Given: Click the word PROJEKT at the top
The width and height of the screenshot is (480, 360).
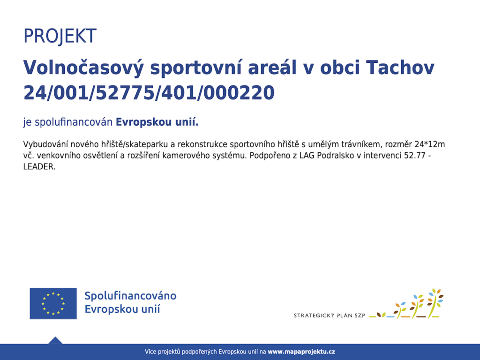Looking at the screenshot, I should [x=60, y=36].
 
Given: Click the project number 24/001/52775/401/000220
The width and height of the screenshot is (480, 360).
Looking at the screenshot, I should [x=149, y=93].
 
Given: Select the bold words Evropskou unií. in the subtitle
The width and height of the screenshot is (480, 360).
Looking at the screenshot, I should [x=157, y=122].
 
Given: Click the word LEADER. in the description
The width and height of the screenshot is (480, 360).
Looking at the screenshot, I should [x=39, y=166].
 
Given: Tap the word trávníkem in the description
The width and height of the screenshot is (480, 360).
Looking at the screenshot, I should [x=354, y=144].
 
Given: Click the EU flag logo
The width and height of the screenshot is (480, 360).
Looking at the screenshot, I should [x=53, y=303].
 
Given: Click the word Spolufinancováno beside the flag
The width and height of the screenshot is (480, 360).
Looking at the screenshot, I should [x=130, y=296].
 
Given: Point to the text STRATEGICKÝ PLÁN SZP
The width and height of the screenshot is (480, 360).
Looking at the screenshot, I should [x=330, y=315].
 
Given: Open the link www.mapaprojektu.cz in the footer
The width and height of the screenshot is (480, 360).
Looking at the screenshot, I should [x=301, y=352].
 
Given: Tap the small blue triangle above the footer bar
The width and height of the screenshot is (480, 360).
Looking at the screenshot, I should [x=55, y=340].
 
